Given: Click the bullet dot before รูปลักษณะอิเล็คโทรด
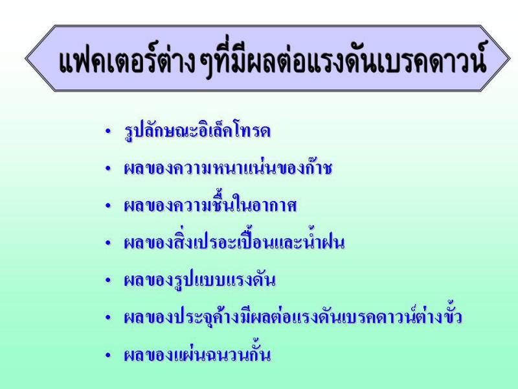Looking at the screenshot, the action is pos(107,132).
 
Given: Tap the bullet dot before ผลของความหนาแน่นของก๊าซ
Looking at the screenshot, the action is pos(107,169).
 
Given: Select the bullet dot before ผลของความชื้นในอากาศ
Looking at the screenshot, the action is pos(107,206).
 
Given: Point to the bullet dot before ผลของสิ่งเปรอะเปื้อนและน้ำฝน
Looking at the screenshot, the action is pos(107,243).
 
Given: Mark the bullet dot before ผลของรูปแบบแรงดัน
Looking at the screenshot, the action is pos(107,281).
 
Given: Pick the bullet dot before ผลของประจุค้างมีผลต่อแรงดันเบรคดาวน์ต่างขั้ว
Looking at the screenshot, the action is pos(107,318).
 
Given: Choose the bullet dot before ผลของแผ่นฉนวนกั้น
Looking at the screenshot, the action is pos(107,355).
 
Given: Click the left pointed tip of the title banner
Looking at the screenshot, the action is pos(25,58).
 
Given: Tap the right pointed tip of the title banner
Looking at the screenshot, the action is pos(510,58).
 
